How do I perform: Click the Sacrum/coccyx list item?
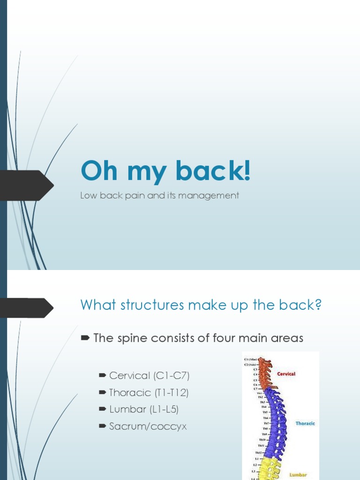point(148,426)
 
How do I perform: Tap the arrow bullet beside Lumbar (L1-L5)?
point(102,409)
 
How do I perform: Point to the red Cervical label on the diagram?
point(286,374)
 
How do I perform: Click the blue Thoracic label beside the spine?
point(305,424)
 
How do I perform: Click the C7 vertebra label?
point(255,389)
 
